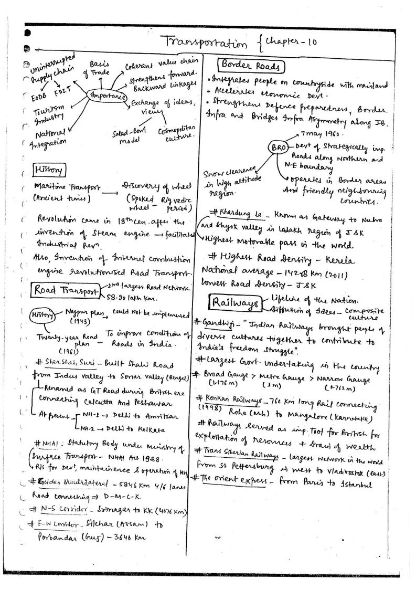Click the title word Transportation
tap(208, 40)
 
